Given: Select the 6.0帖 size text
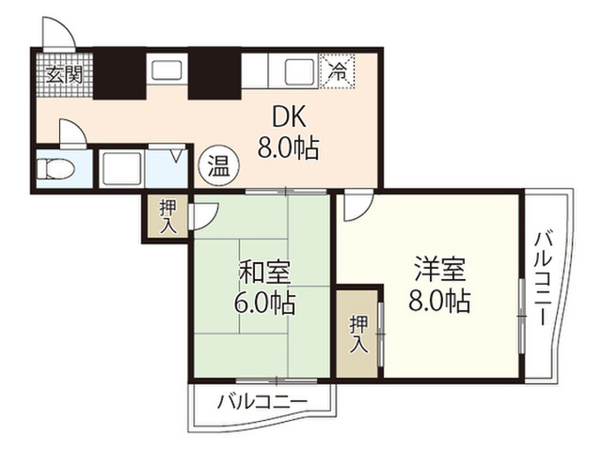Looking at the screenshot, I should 264,303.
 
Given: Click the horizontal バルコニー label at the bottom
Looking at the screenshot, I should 261,402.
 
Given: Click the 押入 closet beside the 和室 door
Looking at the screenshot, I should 167,217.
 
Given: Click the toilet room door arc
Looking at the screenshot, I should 71,131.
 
